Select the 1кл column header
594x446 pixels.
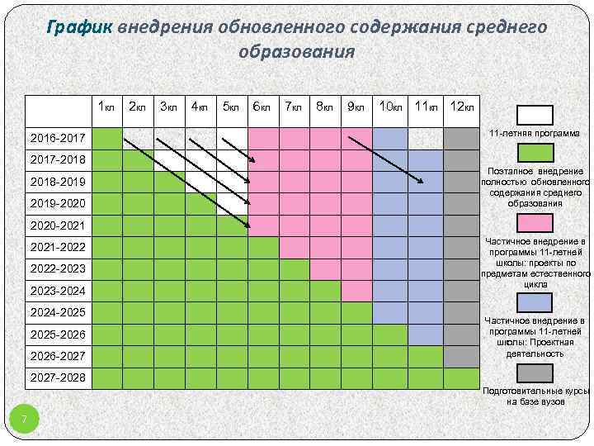click(x=106, y=107)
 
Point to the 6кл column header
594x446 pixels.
click(x=262, y=107)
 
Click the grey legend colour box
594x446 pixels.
click(x=535, y=374)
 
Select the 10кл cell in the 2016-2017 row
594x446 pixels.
click(x=389, y=137)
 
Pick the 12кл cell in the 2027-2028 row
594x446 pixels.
click(x=460, y=377)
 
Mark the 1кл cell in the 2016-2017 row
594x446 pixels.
click(x=106, y=137)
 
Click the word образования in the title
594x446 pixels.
click(x=296, y=52)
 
